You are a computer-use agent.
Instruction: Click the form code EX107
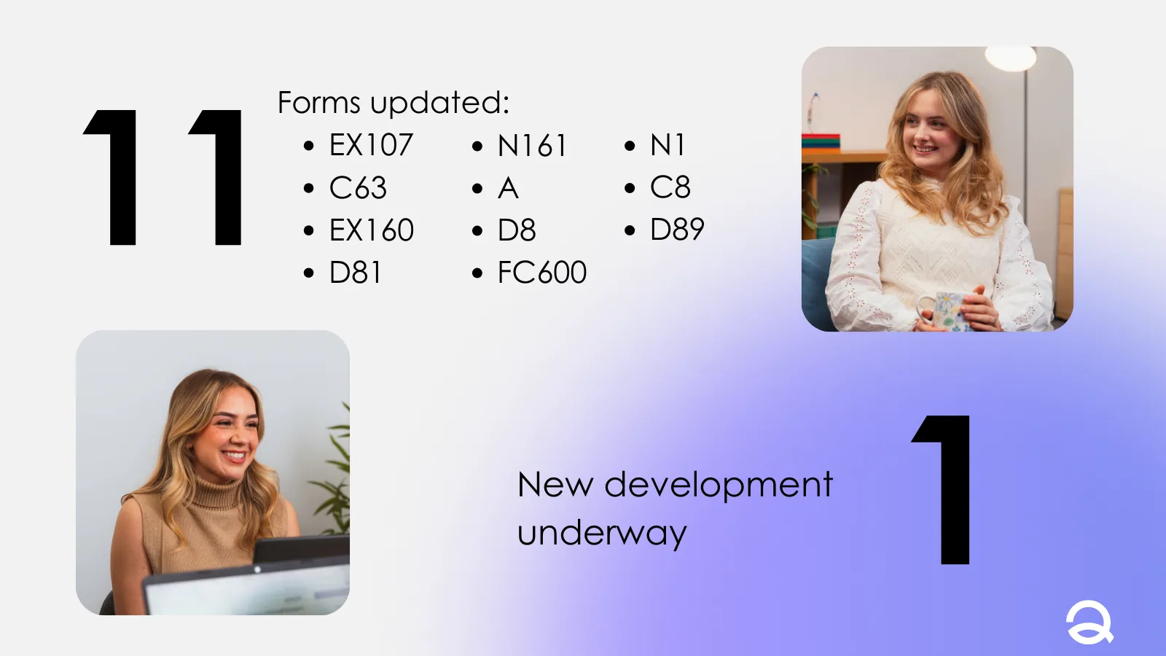[371, 145]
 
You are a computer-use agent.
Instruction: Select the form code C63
[358, 187]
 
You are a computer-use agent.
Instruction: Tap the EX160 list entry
[372, 230]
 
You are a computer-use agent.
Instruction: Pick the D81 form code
[355, 273]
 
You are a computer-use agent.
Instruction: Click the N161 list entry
[531, 145]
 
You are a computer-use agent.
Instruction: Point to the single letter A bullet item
[508, 188]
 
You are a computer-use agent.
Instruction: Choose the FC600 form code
[542, 273]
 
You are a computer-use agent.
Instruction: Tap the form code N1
[668, 145]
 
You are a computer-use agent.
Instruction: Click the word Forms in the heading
[318, 102]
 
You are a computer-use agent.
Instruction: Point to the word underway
[602, 533]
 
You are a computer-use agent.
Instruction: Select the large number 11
[163, 177]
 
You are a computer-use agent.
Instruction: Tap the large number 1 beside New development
[941, 489]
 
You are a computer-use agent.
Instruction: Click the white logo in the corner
[1089, 622]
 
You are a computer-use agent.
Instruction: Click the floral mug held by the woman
[943, 311]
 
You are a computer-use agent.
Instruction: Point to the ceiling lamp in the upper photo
[1010, 58]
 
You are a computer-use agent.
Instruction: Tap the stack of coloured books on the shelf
[821, 143]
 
